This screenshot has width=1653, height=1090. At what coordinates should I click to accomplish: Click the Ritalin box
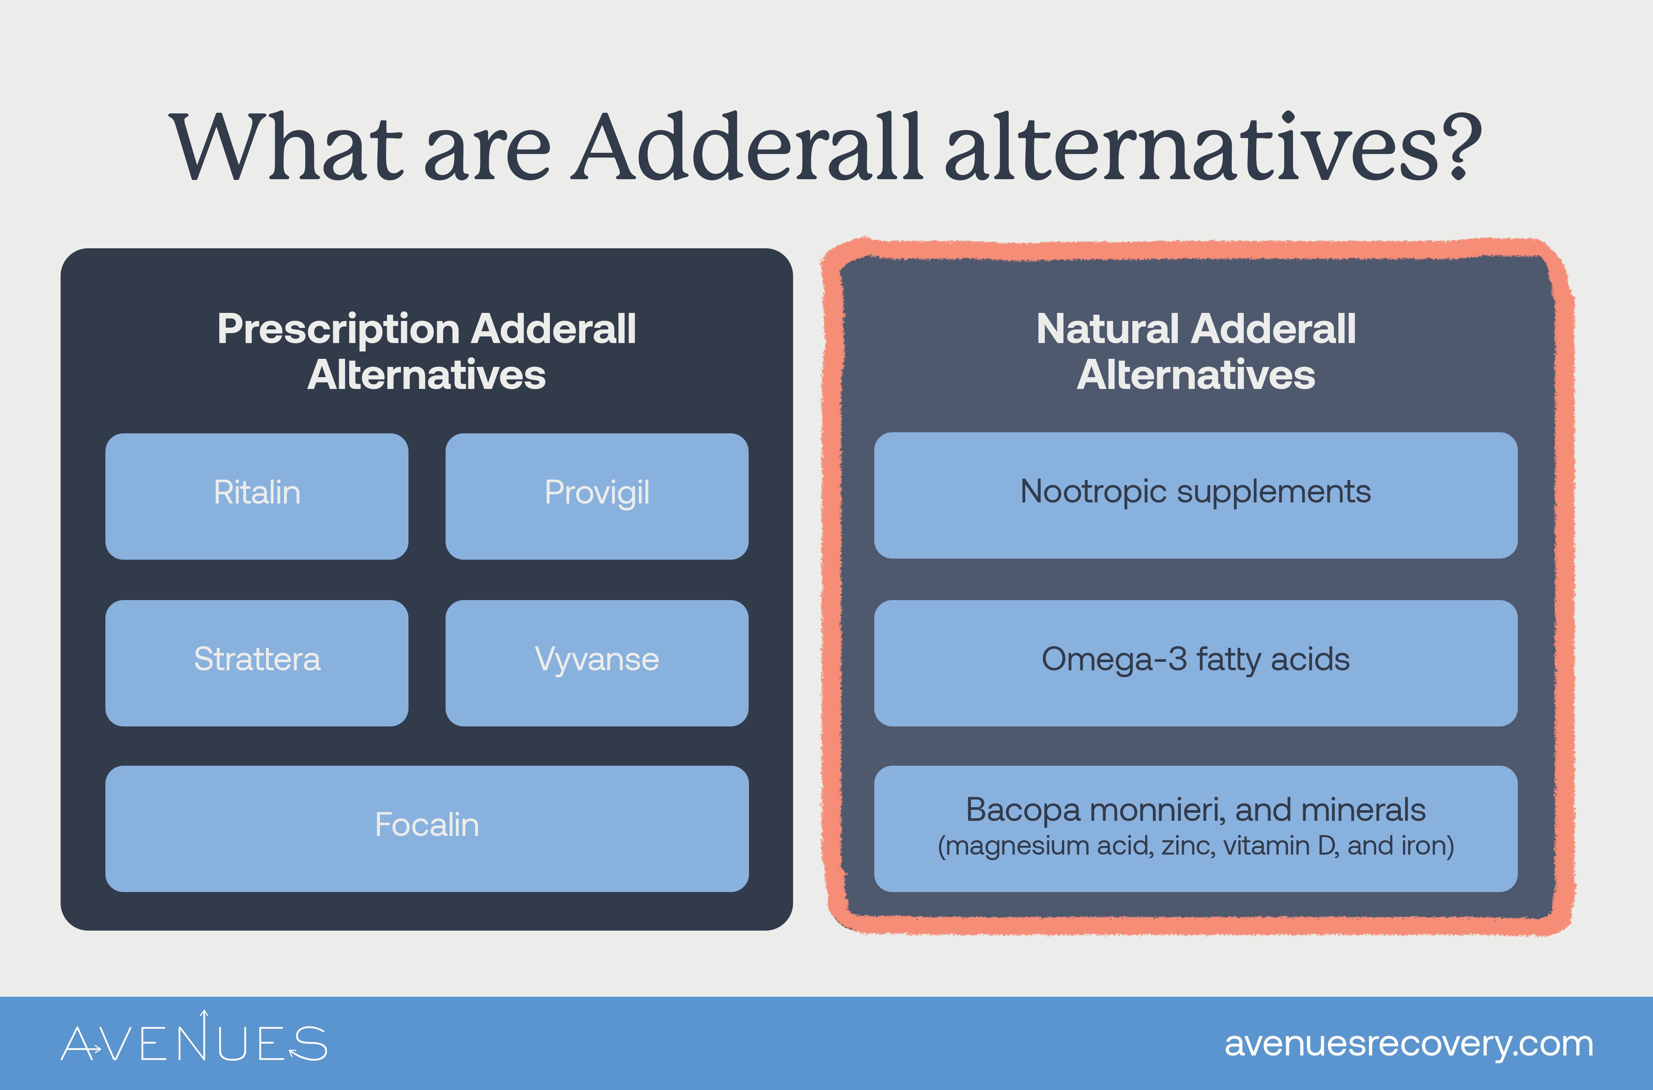256,497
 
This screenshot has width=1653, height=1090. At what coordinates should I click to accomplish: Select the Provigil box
597,497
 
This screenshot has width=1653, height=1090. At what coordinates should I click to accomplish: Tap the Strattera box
256,663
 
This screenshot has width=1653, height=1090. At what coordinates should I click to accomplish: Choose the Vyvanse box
597,663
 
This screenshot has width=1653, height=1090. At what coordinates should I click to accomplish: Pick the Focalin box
427,829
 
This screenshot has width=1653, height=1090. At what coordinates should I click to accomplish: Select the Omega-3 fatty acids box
1196,663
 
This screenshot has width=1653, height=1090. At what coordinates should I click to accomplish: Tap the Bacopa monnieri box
1196,829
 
